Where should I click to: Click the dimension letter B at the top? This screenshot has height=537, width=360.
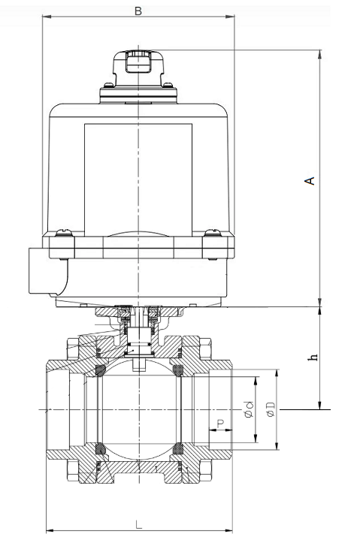point(138,11)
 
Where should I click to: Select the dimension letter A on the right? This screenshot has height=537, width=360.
point(307,180)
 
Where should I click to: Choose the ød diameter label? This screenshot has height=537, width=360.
point(247,409)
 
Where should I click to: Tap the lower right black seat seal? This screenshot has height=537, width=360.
point(178,448)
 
